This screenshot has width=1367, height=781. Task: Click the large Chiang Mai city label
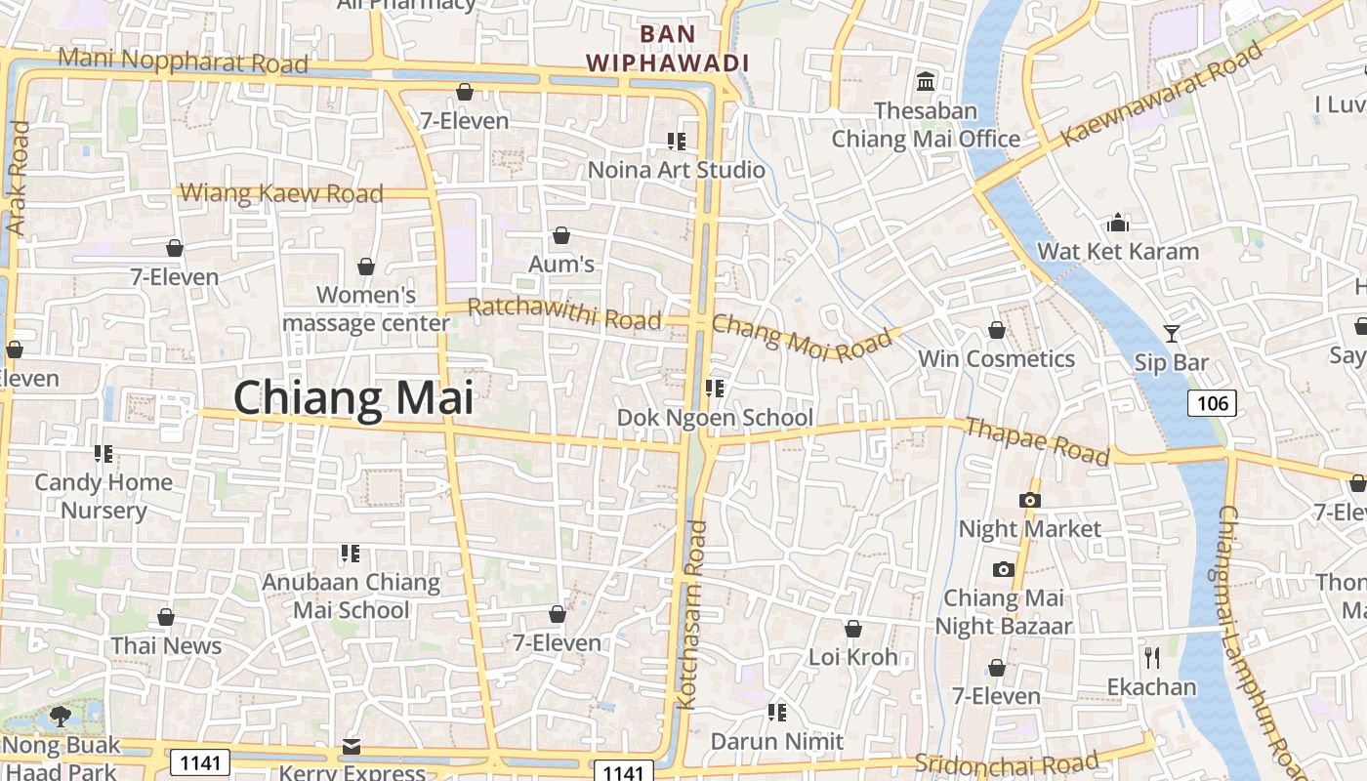pyautogui.click(x=353, y=398)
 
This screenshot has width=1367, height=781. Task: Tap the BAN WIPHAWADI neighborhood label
pyautogui.click(x=668, y=49)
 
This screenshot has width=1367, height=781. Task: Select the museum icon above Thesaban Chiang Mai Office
pyautogui.click(x=926, y=81)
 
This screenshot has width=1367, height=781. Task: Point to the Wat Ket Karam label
pyautogui.click(x=1118, y=251)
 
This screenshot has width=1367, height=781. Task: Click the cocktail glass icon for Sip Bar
pyautogui.click(x=1172, y=334)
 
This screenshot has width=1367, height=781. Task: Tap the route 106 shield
pyautogui.click(x=1212, y=402)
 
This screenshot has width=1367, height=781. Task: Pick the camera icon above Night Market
pyautogui.click(x=1029, y=501)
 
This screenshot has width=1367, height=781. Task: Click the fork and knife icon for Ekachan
pyautogui.click(x=1152, y=657)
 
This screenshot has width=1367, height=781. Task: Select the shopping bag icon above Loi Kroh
pyautogui.click(x=853, y=629)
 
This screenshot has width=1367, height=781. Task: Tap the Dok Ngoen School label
pyautogui.click(x=715, y=418)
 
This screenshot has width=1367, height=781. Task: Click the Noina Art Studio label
pyautogui.click(x=677, y=170)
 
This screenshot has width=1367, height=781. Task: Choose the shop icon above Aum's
pyautogui.click(x=561, y=235)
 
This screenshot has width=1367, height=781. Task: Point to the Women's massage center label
pyautogui.click(x=366, y=308)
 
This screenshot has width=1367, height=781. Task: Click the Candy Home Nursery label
pyautogui.click(x=104, y=496)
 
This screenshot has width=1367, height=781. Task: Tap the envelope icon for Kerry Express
pyautogui.click(x=352, y=747)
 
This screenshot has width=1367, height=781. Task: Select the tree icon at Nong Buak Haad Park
pyautogui.click(x=61, y=717)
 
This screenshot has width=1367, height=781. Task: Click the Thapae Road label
pyautogui.click(x=1037, y=440)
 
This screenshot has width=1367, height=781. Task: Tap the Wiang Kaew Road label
pyautogui.click(x=282, y=193)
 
